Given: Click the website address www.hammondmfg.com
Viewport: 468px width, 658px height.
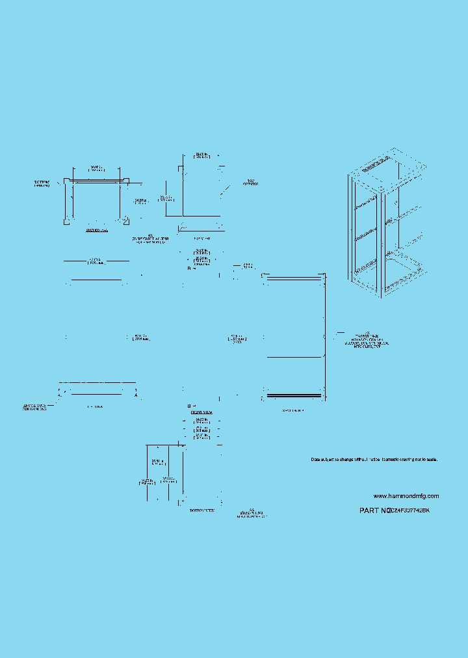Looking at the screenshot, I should (406, 496).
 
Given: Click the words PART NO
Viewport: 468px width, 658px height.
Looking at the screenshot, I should (374, 511).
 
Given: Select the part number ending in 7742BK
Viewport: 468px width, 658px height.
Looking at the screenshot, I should (409, 511).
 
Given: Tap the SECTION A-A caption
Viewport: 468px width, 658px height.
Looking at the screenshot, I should (96, 230).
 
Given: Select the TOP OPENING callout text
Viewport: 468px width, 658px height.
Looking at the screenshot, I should (251, 182).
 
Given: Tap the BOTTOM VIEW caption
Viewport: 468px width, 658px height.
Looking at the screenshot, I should (202, 512).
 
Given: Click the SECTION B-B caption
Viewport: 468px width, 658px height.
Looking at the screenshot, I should (293, 411).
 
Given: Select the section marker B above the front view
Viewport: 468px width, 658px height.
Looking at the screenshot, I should (190, 268).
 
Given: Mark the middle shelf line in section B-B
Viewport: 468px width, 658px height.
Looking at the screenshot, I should (294, 357).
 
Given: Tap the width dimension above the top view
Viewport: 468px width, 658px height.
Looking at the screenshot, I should (202, 156).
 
